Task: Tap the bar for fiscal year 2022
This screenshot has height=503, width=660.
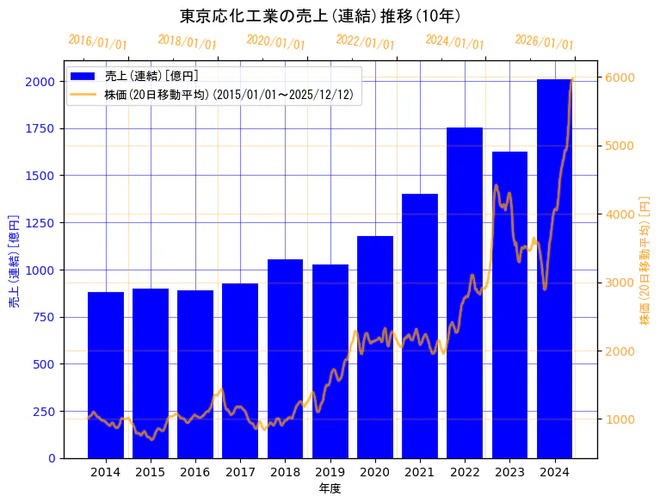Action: coord(465,293)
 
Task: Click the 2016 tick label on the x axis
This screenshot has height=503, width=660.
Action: coord(195,472)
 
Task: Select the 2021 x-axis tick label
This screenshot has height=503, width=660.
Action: coord(420,472)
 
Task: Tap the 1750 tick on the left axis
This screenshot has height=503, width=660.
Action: coord(42,128)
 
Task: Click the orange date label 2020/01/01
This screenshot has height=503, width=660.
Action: coord(275,42)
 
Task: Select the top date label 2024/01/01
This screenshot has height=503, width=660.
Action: coord(454,42)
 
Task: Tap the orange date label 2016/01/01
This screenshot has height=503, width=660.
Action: coord(97,42)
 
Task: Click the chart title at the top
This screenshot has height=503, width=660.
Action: coord(320,16)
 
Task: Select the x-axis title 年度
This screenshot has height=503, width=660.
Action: coord(330,488)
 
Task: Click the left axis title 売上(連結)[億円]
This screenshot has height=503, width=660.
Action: coord(14,261)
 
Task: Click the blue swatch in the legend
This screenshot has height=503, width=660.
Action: coord(84,76)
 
